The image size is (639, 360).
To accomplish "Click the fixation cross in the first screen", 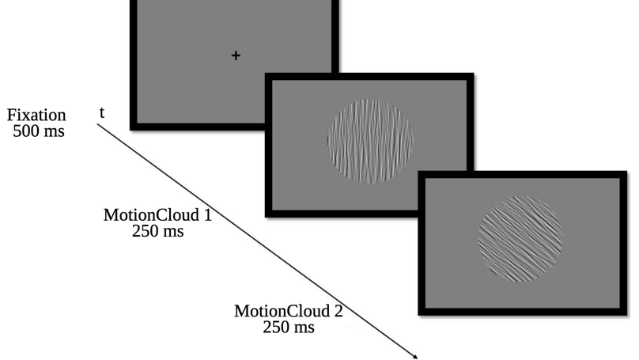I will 236,55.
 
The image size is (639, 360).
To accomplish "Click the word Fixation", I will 36,116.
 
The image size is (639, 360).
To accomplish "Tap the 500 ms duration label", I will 39,131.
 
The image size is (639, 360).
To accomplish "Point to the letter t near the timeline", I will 102,112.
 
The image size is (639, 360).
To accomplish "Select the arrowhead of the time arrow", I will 417,356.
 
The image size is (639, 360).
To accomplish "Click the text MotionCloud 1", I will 157,214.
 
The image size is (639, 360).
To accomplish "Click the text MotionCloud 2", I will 289,310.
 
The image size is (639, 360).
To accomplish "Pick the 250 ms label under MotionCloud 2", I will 289,326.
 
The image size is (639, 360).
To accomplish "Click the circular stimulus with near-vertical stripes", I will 370,141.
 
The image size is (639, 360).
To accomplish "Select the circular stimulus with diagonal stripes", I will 520,238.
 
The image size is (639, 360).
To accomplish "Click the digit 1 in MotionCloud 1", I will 207,214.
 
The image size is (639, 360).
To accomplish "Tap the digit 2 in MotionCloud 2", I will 338,310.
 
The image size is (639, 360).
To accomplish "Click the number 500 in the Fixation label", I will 26,131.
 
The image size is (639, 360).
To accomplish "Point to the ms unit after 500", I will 55,131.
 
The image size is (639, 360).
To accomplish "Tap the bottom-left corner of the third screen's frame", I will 420,314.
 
